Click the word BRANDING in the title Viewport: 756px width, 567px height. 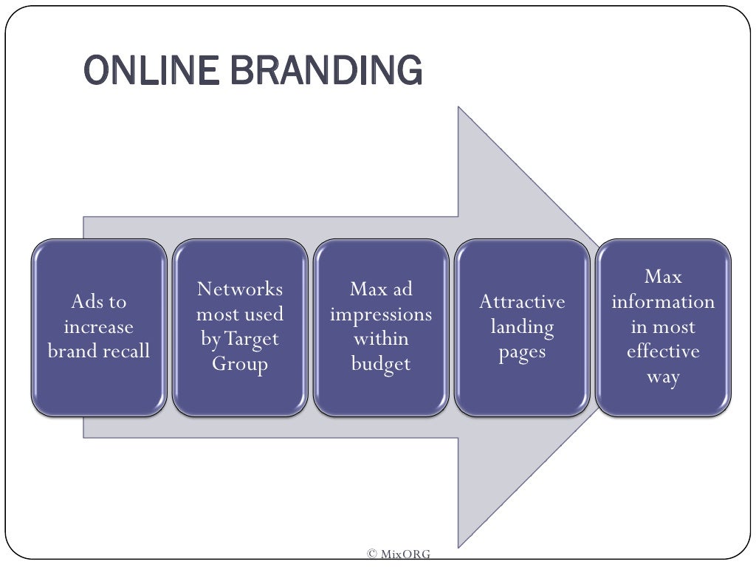coord(320,71)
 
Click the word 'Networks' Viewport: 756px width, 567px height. coord(240,289)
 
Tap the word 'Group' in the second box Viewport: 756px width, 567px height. coord(240,364)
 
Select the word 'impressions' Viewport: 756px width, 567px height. coord(381,314)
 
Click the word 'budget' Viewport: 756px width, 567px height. coord(381,364)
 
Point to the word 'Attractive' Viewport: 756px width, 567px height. coord(522,301)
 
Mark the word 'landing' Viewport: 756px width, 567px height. coord(522,326)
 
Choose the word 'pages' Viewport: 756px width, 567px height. coord(522,352)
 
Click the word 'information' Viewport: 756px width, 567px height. coord(663,301)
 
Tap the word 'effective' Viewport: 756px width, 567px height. coord(663,351)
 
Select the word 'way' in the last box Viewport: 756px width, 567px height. coord(663,377)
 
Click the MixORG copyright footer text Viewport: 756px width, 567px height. coord(399,554)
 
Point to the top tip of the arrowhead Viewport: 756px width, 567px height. coord(458,108)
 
